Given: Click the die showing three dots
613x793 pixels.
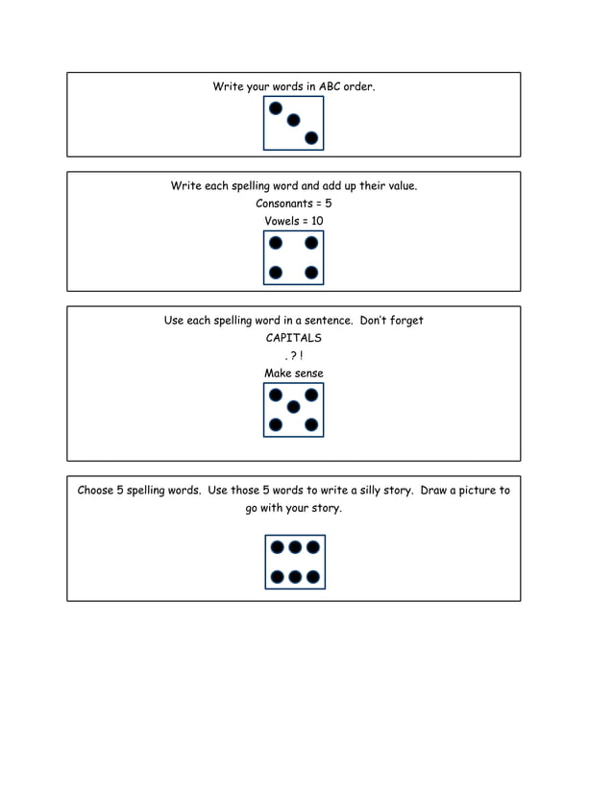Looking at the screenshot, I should point(293,123).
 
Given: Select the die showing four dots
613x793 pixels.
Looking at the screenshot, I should point(293,257).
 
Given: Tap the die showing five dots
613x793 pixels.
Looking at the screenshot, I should point(293,410).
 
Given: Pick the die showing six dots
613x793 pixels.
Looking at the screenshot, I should point(294,562).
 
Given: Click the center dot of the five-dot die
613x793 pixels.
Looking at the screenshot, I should point(293,407).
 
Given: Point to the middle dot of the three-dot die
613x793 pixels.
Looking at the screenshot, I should point(293,121).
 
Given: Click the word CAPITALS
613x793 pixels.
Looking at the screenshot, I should point(293,338).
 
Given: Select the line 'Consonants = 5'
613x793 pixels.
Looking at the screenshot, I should point(293,204).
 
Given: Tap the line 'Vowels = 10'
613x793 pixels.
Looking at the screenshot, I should point(293,221).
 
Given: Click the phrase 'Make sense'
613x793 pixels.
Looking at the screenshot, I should point(293,372).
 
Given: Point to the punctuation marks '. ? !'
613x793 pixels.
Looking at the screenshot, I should point(293,356).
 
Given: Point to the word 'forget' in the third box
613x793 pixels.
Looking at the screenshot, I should point(405,321).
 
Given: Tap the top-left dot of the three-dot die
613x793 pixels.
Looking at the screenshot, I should point(276,108).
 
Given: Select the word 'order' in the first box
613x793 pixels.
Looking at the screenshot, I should point(358,86).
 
